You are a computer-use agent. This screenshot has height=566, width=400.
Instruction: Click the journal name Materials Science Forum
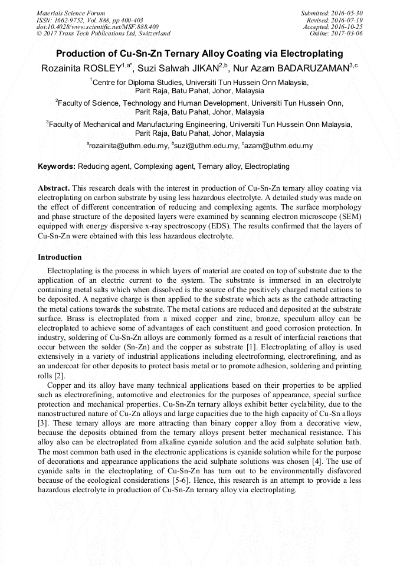(x=71, y=13)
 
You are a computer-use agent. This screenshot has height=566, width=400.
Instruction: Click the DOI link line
(x=97, y=27)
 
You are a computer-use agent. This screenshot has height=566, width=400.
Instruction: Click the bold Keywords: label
(x=57, y=166)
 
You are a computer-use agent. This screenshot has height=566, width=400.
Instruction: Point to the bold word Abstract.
(x=54, y=187)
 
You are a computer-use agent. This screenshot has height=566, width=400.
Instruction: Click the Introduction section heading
(x=60, y=257)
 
